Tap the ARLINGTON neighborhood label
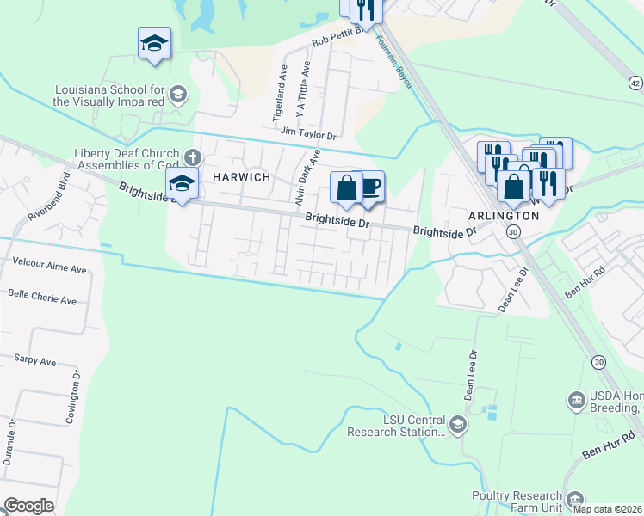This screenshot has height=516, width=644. pyautogui.click(x=503, y=215)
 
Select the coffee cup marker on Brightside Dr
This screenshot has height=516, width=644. pyautogui.click(x=370, y=187)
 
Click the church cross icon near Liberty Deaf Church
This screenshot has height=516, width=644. pyautogui.click(x=193, y=157)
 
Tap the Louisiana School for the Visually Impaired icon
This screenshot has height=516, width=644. pyautogui.click(x=178, y=94)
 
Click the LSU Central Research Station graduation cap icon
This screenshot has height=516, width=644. pyautogui.click(x=457, y=424)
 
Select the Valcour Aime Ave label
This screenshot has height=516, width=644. pyautogui.click(x=49, y=269)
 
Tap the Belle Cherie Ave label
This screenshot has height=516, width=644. pyautogui.click(x=42, y=301)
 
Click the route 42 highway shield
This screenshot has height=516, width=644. pyautogui.click(x=635, y=83)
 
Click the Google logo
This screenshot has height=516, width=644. pyautogui.click(x=28, y=506)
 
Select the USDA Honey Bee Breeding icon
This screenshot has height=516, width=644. pyautogui.click(x=576, y=401)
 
